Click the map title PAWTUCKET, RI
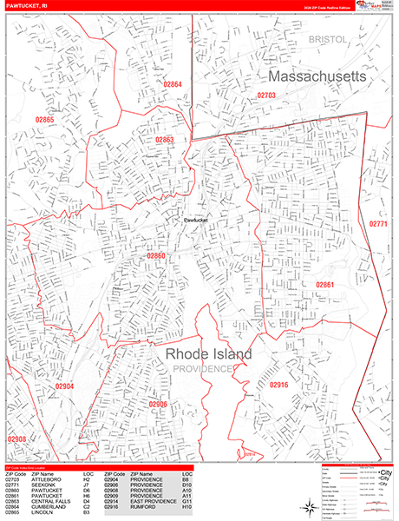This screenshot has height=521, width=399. (28, 7)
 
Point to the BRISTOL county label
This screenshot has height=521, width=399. (328, 40)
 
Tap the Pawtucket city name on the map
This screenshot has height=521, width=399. (199, 221)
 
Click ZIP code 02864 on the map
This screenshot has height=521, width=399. (173, 84)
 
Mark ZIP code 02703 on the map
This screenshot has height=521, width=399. (266, 95)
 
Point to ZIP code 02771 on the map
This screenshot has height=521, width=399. (378, 224)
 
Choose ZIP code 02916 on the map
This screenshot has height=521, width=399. (278, 384)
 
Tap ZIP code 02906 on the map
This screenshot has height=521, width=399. (157, 404)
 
